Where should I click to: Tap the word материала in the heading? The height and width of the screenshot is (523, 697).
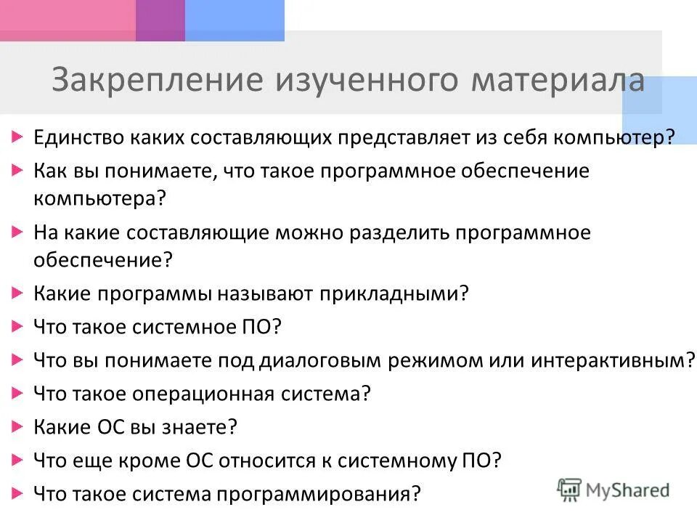pyautogui.click(x=558, y=81)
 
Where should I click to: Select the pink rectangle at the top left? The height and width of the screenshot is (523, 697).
pyautogui.click(x=68, y=20)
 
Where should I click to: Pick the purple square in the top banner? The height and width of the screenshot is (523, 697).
pyautogui.click(x=160, y=20)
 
